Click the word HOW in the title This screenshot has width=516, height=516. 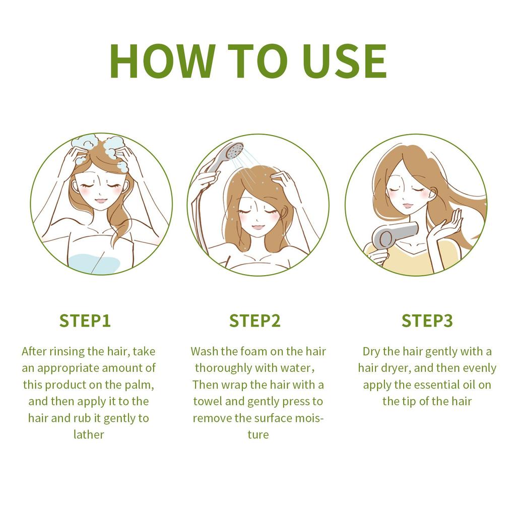coord(163,61)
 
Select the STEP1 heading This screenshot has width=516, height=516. coord(85,320)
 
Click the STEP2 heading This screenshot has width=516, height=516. coord(255,320)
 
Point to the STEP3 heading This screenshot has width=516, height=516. coord(427,320)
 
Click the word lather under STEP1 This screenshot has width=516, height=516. coord(89,435)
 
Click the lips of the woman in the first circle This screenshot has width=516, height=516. coord(101,201)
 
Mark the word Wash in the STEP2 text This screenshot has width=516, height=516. coord(205,351)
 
